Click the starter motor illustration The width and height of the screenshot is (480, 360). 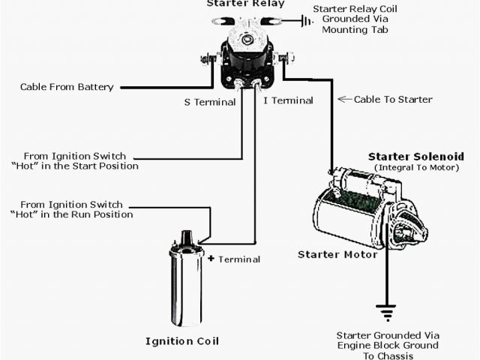(x=367, y=214)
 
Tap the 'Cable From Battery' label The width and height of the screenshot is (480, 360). (x=67, y=87)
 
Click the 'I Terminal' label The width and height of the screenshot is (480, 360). (x=287, y=100)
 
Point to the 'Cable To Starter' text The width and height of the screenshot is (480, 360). (x=393, y=99)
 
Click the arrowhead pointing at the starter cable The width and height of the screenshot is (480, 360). (x=342, y=98)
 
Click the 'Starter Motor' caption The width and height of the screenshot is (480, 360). (x=337, y=255)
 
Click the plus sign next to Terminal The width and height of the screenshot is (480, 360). (x=211, y=258)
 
